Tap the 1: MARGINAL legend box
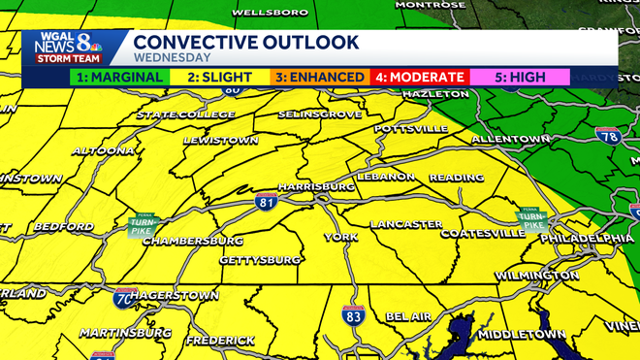click(x=117, y=77)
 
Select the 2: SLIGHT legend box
click(x=219, y=77)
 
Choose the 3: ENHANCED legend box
click(x=319, y=77)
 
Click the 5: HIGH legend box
click(x=520, y=77)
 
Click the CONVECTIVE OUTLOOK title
click(x=246, y=42)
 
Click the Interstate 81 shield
click(x=268, y=202)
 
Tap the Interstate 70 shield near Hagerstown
click(x=123, y=298)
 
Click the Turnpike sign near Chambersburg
click(x=142, y=226)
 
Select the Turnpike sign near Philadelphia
click(x=530, y=219)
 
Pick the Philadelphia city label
click(x=587, y=238)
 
